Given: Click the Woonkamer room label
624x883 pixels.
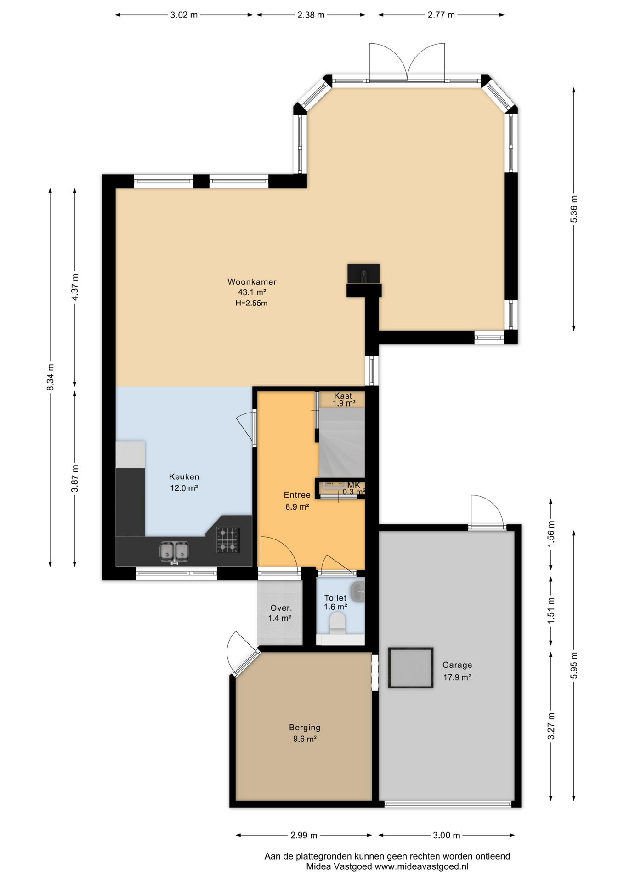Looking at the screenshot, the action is [252, 282].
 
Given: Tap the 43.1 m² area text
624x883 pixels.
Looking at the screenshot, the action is [252, 292].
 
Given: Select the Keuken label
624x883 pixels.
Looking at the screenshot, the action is [184, 477].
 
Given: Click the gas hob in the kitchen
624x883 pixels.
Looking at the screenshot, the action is [228, 540].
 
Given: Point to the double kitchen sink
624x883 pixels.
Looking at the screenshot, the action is [175, 552].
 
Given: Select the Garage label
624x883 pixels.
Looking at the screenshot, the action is [457, 665].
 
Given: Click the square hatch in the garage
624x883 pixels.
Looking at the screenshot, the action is [410, 668].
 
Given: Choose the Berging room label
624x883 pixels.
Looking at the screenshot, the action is [305, 728].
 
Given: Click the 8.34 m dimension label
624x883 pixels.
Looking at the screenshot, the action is [51, 378].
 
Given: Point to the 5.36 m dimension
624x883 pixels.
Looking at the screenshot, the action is [574, 209].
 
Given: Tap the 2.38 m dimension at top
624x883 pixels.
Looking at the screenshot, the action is [311, 15].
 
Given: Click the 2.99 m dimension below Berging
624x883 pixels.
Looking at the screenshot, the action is [304, 835].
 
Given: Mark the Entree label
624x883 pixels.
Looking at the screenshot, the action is [297, 495].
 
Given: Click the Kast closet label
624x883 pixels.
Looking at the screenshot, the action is [343, 396].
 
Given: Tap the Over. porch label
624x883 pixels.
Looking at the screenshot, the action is [281, 608].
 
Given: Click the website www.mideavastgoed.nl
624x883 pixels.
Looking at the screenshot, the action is [421, 866].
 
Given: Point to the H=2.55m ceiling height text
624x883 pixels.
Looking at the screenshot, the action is [251, 303].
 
